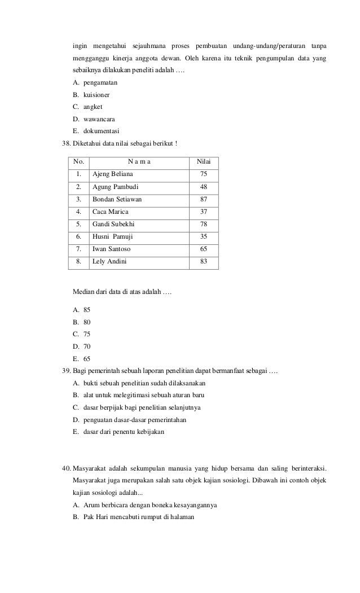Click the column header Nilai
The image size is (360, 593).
pos(204,162)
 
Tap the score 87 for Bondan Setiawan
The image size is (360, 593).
pos(204,199)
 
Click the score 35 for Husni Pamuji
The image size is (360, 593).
pos(204,236)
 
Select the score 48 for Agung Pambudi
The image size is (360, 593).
pos(204,187)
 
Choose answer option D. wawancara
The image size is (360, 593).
pos(94,119)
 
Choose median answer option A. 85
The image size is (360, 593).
pos(82,310)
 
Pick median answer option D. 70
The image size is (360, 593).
pos(82,346)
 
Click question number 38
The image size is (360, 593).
pos(66,144)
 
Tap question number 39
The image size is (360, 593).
pos(66,371)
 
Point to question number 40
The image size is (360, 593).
pos(66,469)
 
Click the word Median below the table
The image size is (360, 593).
pos(84,291)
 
